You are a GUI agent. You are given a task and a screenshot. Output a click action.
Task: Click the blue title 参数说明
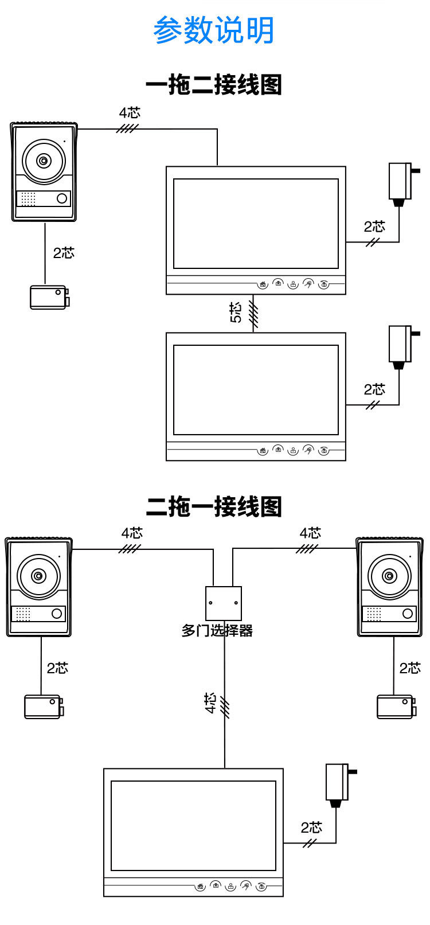pos(214,30)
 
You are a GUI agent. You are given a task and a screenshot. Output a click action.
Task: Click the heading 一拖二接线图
pos(214,85)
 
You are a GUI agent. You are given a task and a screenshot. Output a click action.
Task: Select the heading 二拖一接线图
pos(214,507)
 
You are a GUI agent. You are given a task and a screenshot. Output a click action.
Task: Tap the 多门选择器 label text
pos(217,631)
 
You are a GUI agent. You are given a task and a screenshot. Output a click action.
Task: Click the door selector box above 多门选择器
pos(224,603)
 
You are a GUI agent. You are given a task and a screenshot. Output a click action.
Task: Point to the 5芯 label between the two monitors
pos(236,313)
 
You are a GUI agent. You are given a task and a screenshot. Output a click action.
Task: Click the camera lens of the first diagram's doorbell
pos(44,161)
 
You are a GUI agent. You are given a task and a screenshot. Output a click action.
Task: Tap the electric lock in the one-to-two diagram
pos(50,297)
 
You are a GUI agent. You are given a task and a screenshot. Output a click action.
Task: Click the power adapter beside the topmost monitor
pos(400,181)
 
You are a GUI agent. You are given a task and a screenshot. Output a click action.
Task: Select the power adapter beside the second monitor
pos(400,344)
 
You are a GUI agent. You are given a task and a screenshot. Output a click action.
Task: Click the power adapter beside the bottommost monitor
pos(337,782)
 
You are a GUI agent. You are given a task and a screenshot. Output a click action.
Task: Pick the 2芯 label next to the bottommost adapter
pos(311,827)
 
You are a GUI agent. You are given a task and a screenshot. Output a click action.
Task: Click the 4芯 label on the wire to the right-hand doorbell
pos(310,533)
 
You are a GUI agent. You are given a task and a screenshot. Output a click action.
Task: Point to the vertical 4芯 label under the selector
pos(210,702)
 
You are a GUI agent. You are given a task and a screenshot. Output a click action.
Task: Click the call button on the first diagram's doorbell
pos(61,198)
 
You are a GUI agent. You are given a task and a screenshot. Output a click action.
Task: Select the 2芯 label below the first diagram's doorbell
pos(64,252)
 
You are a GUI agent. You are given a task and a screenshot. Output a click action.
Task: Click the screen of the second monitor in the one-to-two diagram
pos(256,390)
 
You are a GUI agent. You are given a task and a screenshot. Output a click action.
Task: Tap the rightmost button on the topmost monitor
pos(325,284)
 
